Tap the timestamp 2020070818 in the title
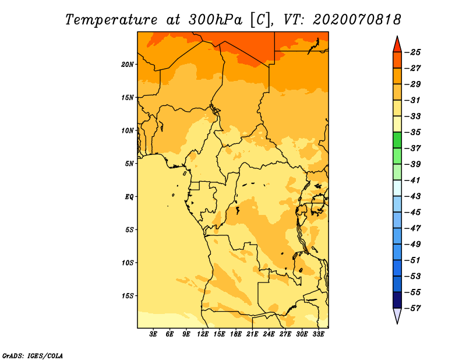356,19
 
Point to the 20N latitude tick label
128,64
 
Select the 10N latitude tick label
128,130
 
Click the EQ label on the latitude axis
129,196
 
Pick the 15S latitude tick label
128,295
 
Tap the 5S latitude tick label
129,230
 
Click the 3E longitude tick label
153,334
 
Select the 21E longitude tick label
252,334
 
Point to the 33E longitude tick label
318,334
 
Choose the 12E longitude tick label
203,334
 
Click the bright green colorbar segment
397,140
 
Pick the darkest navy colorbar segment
397,299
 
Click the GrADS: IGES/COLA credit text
32,355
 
